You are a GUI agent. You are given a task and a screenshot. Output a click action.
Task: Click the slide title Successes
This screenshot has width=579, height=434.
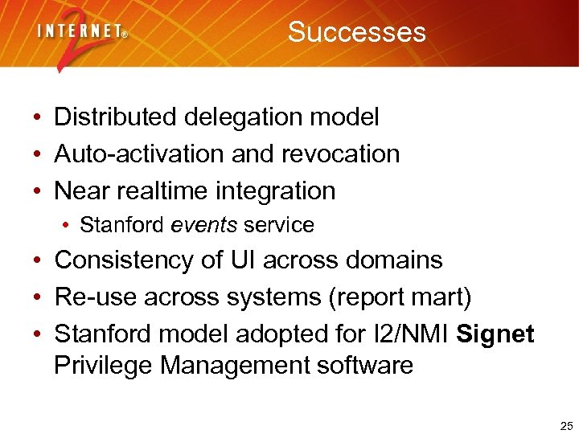coord(356,32)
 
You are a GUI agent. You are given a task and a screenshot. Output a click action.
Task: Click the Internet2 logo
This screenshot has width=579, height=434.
coord(81,36)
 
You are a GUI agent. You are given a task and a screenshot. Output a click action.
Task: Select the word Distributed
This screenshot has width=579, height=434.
coord(116,117)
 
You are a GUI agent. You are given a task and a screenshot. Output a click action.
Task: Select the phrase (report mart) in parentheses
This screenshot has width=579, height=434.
coord(399,297)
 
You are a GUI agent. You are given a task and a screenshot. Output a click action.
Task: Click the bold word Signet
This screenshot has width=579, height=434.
coord(495,334)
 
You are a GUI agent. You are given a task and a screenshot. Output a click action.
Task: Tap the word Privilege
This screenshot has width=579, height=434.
coord(104,366)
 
